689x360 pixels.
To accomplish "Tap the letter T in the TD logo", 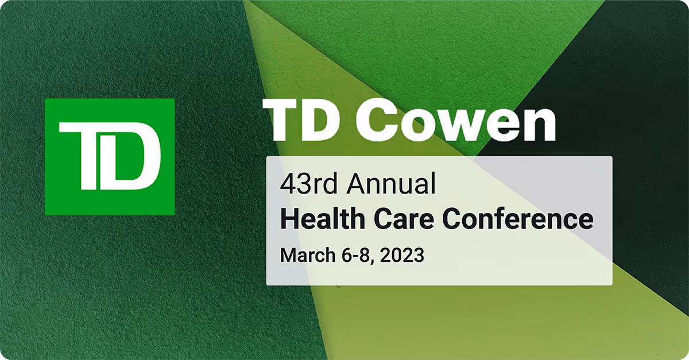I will tap(86, 155).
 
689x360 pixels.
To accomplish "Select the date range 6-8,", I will tap(355, 254).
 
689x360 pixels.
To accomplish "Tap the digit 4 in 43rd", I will tap(287, 184).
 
